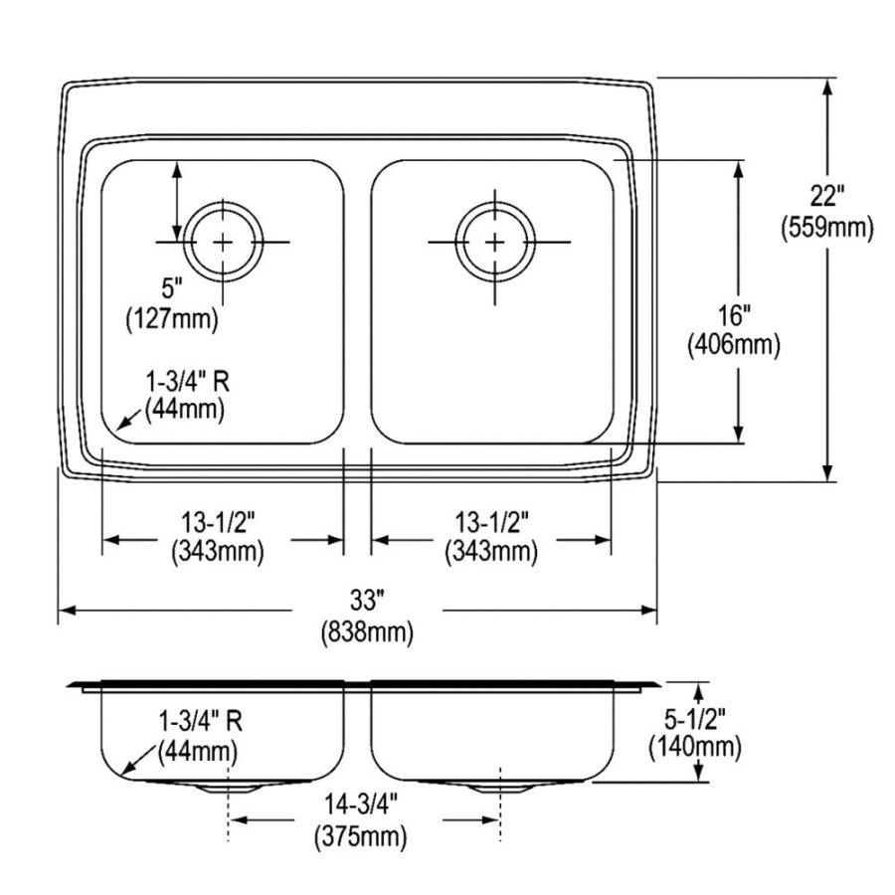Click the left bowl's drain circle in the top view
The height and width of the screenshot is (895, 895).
(225, 241)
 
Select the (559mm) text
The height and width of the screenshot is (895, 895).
(825, 229)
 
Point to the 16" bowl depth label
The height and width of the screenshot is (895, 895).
(733, 317)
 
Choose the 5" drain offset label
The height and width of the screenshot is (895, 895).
(172, 290)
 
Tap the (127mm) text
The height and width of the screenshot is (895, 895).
(172, 318)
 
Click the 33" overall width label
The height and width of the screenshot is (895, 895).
(366, 601)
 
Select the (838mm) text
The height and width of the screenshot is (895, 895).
(366, 629)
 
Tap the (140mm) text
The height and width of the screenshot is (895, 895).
(695, 746)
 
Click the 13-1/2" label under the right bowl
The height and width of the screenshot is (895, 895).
(490, 521)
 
